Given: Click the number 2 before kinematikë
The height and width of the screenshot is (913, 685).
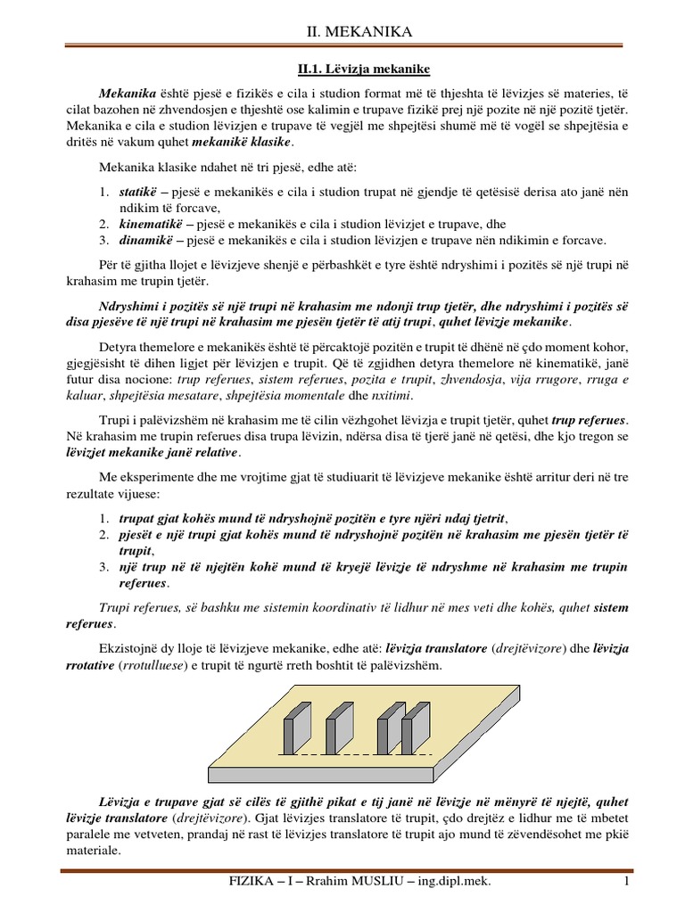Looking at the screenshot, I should coord(103,224).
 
